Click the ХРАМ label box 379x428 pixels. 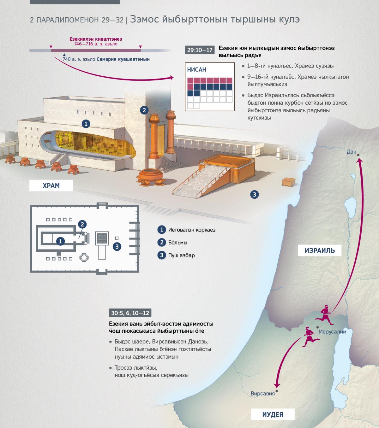click(x=51, y=185)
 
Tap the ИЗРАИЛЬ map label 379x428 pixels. click(x=320, y=250)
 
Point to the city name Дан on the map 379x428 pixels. click(x=351, y=152)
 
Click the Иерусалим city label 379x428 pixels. click(x=333, y=332)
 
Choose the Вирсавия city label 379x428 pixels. click(x=262, y=393)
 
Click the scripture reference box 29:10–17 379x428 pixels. click(x=200, y=50)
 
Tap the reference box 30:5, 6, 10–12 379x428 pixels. click(x=130, y=313)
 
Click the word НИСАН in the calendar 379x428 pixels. click(x=196, y=69)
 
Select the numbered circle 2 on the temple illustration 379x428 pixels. click(x=144, y=110)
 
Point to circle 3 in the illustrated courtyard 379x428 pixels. click(x=254, y=195)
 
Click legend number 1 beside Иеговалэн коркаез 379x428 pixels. click(x=162, y=230)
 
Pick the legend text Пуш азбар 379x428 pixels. click(x=181, y=255)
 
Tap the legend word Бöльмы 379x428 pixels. click(x=177, y=243)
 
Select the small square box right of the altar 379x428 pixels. click(x=288, y=182)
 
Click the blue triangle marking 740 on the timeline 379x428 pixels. click(x=64, y=55)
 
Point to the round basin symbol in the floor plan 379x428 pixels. click(x=84, y=258)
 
